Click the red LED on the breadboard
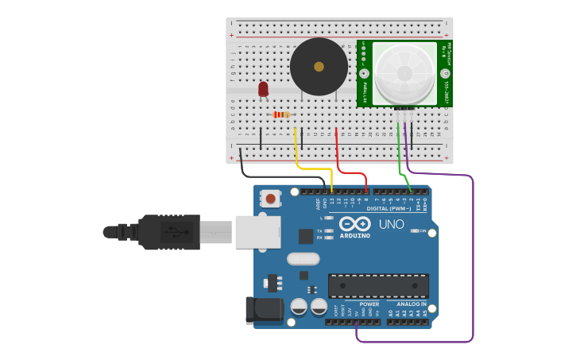coord(263,89)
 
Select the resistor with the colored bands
coord(282,114)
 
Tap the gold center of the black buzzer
coord(319,67)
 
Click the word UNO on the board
coord(391,224)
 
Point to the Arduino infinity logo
coord(354,224)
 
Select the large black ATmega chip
coord(378,285)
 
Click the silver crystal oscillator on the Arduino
coord(303,258)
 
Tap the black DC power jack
coord(265,310)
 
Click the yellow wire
coord(314,168)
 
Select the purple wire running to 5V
coord(472,262)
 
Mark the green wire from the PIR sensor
coord(400,159)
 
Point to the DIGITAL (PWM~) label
coord(389,208)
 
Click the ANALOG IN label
coord(407,304)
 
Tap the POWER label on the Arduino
coord(369,304)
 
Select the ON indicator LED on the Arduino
coord(415,230)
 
